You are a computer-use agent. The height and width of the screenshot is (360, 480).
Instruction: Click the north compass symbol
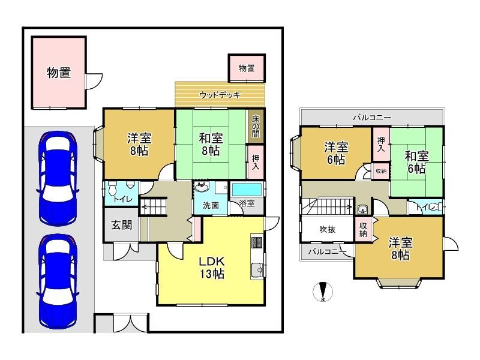tap(323, 292)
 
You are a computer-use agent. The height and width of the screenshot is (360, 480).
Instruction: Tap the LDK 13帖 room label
tap(212, 268)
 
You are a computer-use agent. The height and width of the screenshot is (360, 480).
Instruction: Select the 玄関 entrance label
tap(122, 225)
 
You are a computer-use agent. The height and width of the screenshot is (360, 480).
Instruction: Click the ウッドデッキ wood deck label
tap(220, 95)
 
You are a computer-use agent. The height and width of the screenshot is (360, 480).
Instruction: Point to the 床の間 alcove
tap(256, 127)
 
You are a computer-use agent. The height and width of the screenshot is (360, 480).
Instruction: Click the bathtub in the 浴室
tap(247, 190)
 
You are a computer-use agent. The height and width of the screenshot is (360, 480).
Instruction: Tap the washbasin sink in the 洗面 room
tap(202, 186)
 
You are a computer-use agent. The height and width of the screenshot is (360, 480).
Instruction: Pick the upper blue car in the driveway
tap(58, 178)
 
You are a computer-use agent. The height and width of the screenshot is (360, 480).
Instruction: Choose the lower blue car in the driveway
tap(58, 281)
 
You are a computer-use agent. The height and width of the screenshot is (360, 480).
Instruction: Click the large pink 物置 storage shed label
tap(59, 73)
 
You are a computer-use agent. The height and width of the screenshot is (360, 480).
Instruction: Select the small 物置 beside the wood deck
tap(247, 68)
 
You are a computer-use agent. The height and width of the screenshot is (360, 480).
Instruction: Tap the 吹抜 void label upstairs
tap(327, 229)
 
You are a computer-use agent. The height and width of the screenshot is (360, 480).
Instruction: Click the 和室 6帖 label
tap(416, 162)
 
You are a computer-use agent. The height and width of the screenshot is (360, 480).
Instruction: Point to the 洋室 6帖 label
tap(336, 153)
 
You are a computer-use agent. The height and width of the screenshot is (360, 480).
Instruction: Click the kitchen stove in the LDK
tap(256, 241)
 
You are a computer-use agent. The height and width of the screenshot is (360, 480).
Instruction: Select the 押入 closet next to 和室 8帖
tap(256, 162)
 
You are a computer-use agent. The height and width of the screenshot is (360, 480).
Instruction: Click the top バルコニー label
tap(372, 117)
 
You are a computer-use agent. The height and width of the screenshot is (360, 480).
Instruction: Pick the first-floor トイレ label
tap(122, 199)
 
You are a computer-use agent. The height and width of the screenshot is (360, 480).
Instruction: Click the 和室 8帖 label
tap(211, 145)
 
